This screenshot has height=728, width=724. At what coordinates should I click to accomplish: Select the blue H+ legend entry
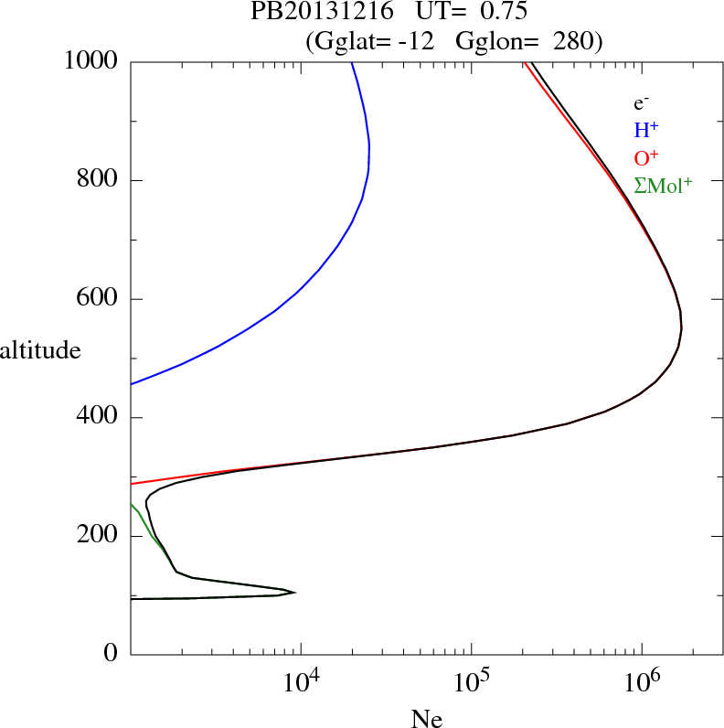coord(645,131)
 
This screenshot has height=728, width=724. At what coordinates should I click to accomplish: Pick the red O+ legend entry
coord(646,157)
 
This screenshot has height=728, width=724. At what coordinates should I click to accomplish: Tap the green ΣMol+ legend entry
coord(663,185)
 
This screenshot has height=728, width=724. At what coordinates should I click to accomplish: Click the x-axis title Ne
coord(426,719)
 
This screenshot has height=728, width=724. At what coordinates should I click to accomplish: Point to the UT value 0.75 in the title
coord(503,12)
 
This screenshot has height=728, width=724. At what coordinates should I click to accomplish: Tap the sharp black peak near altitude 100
coord(293,593)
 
